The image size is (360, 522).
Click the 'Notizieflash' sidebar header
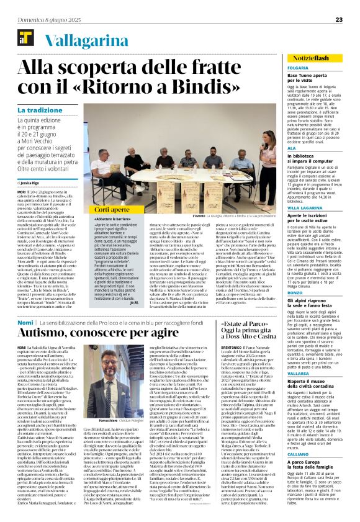click(x=323, y=56)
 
